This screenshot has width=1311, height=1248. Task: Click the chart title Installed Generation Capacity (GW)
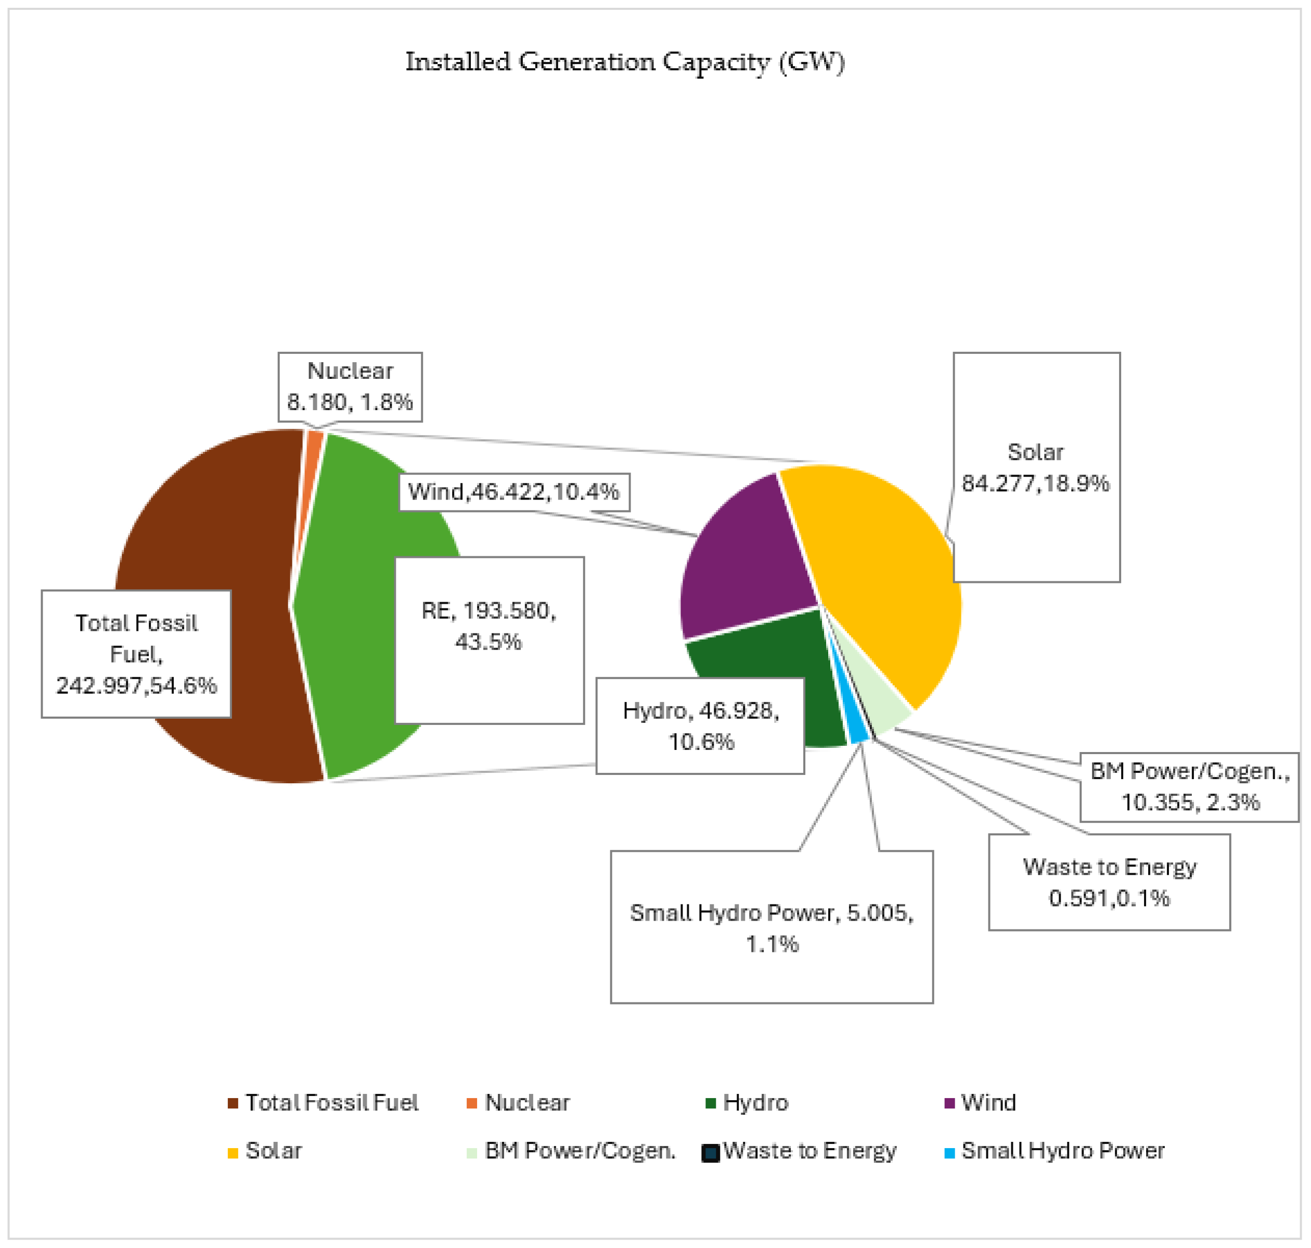point(625,62)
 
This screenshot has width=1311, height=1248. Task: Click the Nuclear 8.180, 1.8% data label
point(350,387)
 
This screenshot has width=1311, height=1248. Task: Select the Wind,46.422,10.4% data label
point(513,492)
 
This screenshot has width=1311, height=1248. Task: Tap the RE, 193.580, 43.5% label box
point(489,626)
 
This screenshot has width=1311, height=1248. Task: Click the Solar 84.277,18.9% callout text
point(1036,468)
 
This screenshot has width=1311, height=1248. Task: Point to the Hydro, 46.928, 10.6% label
point(700,726)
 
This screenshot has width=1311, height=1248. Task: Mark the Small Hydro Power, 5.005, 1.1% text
point(772,928)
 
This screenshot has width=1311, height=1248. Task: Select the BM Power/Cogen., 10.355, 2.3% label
point(1189,787)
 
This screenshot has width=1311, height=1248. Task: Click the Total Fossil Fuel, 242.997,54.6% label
point(136,654)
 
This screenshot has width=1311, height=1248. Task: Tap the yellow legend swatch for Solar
point(233,1153)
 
